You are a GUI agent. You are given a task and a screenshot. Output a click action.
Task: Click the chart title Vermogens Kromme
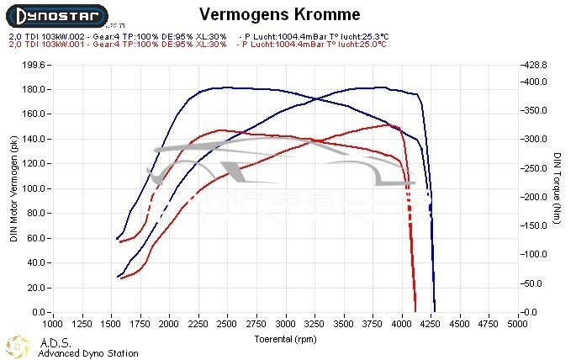(279, 14)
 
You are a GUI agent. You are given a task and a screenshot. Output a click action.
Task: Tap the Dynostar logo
(55, 15)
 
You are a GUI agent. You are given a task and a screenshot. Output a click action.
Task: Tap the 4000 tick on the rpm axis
(403, 322)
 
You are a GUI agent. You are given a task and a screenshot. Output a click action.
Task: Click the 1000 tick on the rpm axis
(52, 322)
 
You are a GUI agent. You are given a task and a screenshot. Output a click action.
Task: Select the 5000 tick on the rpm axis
(519, 322)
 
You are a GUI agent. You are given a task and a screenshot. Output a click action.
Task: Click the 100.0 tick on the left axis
(34, 188)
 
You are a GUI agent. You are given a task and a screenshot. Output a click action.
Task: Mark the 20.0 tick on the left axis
(35, 288)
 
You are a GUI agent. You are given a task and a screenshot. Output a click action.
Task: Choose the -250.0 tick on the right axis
(536, 168)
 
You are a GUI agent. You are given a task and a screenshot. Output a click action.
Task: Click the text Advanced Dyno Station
(87, 353)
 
